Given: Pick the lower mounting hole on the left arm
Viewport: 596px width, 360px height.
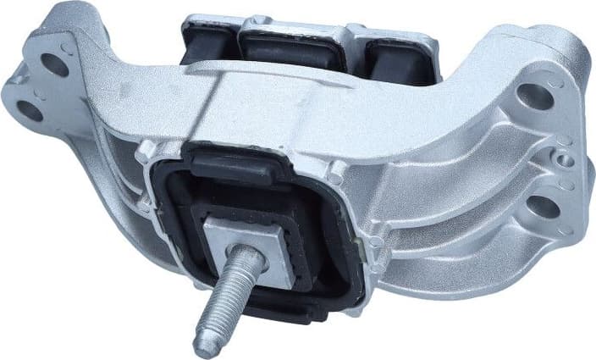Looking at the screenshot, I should point(31,109).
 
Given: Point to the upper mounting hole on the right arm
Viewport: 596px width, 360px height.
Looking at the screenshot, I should point(537,97).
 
